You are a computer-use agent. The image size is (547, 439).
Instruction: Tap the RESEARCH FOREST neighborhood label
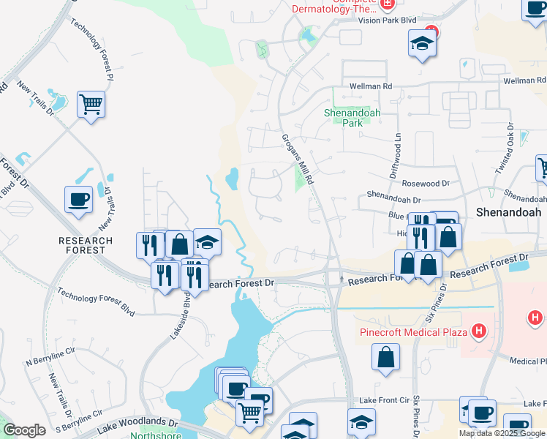point(86,245)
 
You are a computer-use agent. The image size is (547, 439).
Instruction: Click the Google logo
point(24,430)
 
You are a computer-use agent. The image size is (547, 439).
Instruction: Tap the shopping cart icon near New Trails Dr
point(91,105)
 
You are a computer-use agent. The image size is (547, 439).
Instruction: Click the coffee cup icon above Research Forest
point(78,199)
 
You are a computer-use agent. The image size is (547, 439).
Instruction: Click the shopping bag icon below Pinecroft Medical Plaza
point(385,358)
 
